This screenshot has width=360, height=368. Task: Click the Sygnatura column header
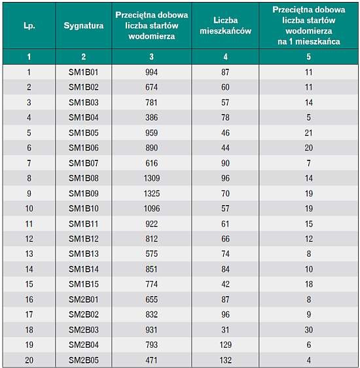click(84, 26)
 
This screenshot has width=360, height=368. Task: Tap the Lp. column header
click(29, 26)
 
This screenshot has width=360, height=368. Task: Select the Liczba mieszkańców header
click(225, 26)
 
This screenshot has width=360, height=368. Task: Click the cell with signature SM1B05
click(84, 133)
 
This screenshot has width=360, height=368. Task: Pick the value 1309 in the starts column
click(151, 178)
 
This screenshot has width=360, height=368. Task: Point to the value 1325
click(151, 193)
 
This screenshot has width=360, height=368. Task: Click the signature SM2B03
click(84, 330)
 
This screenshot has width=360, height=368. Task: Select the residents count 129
click(225, 345)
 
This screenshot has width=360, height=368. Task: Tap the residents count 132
click(225, 360)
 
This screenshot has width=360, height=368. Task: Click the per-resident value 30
click(309, 330)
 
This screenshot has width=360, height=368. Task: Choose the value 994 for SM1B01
click(151, 72)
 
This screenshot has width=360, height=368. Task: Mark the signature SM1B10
click(84, 208)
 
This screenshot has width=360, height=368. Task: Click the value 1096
click(151, 208)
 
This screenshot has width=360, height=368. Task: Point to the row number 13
click(29, 253)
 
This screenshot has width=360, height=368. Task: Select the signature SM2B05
click(84, 360)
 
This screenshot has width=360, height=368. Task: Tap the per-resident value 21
click(309, 133)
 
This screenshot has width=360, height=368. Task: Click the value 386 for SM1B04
click(151, 117)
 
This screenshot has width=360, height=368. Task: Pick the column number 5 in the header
click(309, 56)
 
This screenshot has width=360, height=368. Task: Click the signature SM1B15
click(84, 284)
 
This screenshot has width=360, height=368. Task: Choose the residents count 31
click(225, 330)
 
